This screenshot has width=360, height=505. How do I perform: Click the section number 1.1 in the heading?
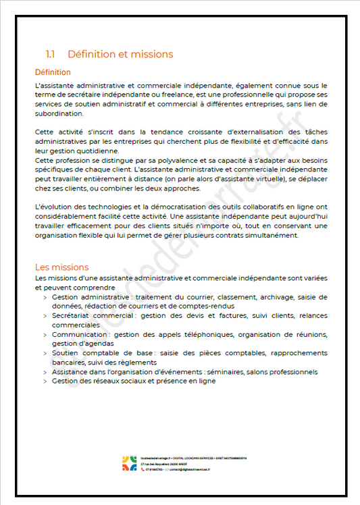tap(50, 55)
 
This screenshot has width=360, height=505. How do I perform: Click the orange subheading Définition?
tap(53, 72)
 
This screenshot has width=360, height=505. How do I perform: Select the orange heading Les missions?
tap(61, 267)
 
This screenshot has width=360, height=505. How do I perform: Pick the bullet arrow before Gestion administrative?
tap(45, 297)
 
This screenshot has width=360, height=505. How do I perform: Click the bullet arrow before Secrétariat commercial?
tap(45, 315)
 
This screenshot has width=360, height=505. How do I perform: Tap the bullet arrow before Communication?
tap(45, 335)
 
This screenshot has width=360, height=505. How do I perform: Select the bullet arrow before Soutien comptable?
tap(45, 354)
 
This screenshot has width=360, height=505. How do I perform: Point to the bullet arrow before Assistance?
tap(45, 372)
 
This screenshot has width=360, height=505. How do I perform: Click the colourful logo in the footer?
tap(129, 464)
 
